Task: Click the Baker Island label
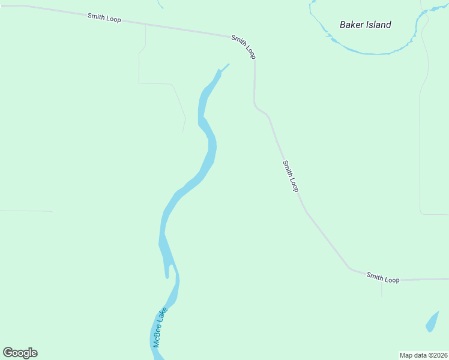[x=365, y=25]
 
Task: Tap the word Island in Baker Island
[x=378, y=25]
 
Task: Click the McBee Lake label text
[x=160, y=327]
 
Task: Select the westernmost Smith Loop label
[x=104, y=18]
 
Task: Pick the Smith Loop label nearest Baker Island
[x=244, y=47]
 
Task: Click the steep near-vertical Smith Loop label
[x=291, y=176]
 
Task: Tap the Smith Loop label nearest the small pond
[x=382, y=278]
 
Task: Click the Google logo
[x=20, y=353]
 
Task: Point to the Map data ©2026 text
[x=424, y=355]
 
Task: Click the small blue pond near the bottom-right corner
[x=432, y=322]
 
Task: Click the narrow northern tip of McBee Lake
[x=224, y=67]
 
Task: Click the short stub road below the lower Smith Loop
[x=382, y=289]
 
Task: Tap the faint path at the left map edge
[x=24, y=211]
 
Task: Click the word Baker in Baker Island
[x=351, y=25]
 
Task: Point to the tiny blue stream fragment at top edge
[x=160, y=4]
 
